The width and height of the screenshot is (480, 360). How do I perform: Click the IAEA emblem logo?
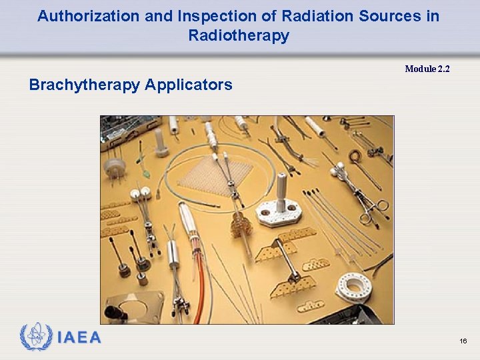(x=36, y=337)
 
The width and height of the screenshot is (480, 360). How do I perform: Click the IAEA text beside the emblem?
(x=79, y=338)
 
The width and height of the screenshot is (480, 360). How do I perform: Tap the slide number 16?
(x=463, y=341)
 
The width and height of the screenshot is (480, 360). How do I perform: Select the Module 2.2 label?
(x=427, y=69)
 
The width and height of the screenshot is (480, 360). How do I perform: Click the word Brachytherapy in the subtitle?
(x=85, y=85)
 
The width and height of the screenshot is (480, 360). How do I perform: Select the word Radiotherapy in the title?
(x=239, y=35)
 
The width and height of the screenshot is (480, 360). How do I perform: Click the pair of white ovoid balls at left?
(x=139, y=193)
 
